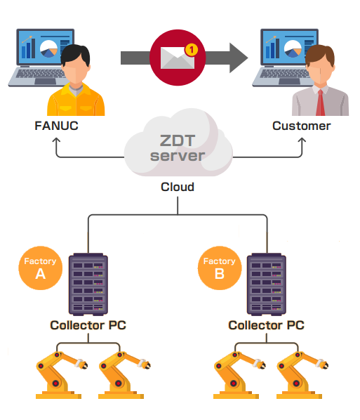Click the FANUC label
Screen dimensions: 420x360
tap(55, 126)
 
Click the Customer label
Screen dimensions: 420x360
tap(302, 126)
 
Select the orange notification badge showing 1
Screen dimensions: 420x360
tap(191, 49)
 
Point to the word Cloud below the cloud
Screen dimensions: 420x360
tap(177, 187)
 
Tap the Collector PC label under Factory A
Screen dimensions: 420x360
tap(88, 325)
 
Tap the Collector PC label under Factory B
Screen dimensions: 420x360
tap(267, 325)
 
